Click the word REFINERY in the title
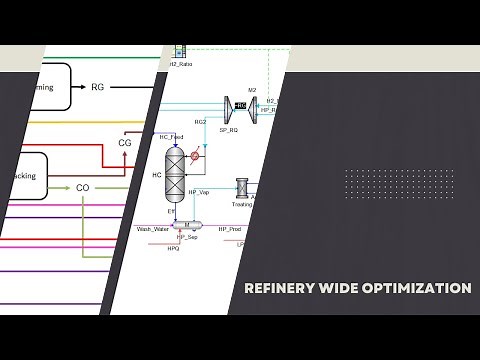click(x=279, y=288)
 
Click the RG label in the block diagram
click(x=97, y=87)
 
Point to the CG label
click(x=125, y=143)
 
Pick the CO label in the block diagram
click(x=83, y=187)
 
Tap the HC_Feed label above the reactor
click(x=170, y=136)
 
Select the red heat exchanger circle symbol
click(x=196, y=156)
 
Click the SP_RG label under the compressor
click(x=228, y=131)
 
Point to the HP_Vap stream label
click(x=199, y=192)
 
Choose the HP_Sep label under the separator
click(x=186, y=237)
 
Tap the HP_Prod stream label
click(x=229, y=229)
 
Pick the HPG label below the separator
click(x=172, y=247)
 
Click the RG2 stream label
click(x=200, y=121)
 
